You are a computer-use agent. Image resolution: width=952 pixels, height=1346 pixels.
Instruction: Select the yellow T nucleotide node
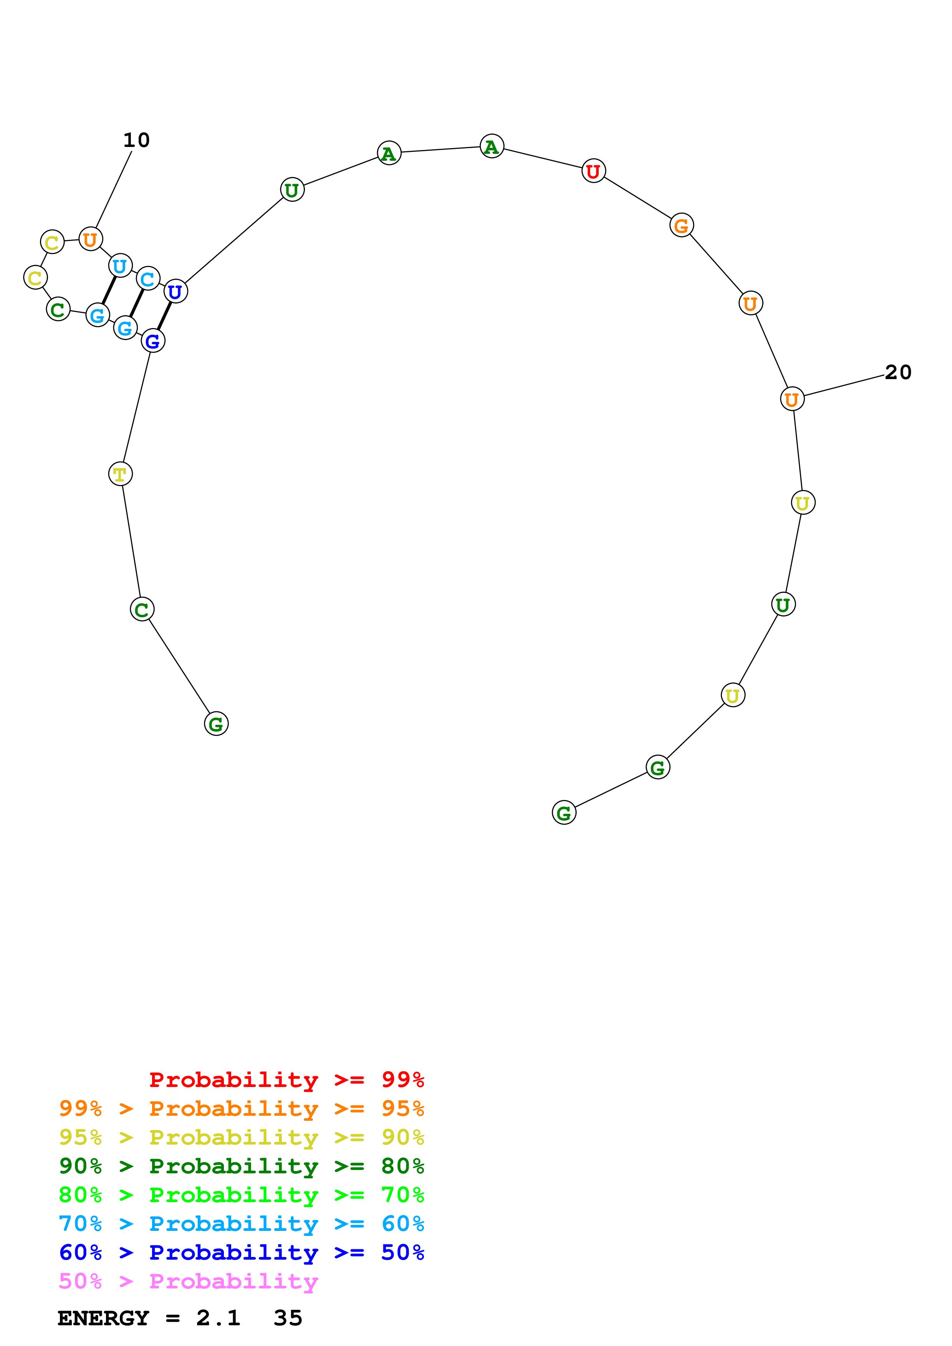point(120,474)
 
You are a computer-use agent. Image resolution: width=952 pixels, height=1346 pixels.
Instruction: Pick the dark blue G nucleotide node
point(152,341)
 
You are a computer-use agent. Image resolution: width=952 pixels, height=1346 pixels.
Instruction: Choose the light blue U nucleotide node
point(120,266)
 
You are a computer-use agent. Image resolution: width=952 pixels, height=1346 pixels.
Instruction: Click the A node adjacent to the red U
point(492,147)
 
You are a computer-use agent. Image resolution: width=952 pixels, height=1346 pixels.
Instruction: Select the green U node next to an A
point(292,190)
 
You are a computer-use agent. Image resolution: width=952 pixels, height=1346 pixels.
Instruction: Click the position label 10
point(136,140)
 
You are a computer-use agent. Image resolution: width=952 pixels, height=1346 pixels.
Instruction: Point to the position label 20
point(897,372)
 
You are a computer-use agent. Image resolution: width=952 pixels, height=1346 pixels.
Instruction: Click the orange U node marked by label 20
point(792,399)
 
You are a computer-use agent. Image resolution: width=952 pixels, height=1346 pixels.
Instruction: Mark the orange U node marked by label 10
point(90,239)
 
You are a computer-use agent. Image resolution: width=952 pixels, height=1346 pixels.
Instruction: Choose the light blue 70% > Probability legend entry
point(241,1224)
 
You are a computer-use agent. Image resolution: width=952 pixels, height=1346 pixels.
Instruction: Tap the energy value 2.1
point(218,1318)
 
